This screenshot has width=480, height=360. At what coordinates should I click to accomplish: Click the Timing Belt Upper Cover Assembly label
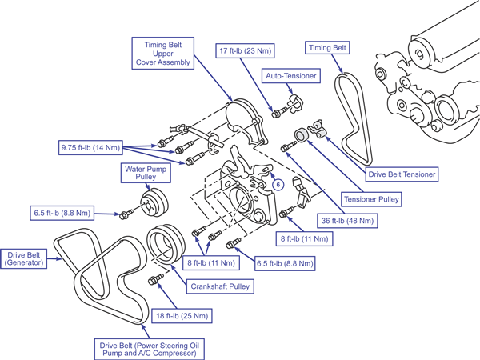(163, 54)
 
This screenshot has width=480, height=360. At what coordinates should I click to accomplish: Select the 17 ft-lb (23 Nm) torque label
(246, 50)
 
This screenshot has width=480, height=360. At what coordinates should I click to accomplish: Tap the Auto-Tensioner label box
(291, 76)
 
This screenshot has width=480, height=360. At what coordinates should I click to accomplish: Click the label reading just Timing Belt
(327, 48)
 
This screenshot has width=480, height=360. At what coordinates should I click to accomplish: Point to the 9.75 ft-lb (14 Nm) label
(90, 147)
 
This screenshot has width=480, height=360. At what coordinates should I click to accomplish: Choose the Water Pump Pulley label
(146, 173)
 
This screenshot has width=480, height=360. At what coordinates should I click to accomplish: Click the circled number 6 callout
(278, 185)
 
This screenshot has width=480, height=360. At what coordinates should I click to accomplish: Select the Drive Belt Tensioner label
(402, 174)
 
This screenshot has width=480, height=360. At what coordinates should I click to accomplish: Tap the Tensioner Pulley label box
(371, 199)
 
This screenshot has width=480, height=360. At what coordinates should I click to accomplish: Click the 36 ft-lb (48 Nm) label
(347, 221)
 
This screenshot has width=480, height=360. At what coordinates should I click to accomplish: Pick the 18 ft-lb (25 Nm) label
(182, 316)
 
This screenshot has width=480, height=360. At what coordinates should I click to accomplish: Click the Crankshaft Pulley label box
(220, 286)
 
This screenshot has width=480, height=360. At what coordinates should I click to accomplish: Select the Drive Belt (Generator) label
(23, 258)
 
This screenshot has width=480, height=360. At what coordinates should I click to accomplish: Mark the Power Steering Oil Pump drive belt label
(150, 350)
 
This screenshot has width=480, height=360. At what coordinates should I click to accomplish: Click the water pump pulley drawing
(155, 203)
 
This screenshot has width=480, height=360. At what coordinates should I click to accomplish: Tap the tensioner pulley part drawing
(301, 135)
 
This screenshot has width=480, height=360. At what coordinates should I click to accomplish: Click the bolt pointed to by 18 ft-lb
(155, 279)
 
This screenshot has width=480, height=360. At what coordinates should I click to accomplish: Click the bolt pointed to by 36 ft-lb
(288, 146)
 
